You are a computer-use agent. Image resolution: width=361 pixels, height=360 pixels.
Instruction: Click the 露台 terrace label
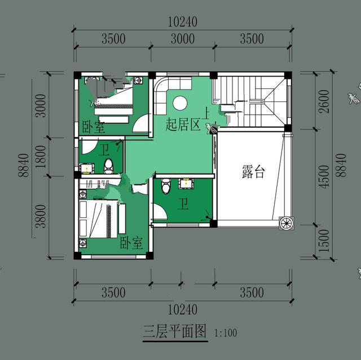coord(253,172)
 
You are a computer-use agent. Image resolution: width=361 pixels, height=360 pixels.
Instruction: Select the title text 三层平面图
coord(175,331)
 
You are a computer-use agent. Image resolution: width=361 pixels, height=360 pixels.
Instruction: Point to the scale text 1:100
coord(226,333)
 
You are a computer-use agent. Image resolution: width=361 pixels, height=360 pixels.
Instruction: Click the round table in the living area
coord(180,103)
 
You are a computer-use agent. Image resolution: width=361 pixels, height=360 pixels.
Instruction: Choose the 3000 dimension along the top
coord(182,39)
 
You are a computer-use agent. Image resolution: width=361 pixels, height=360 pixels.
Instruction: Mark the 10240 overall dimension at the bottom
coord(182,309)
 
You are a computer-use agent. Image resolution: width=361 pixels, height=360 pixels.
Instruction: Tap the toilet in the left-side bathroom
coord(109,166)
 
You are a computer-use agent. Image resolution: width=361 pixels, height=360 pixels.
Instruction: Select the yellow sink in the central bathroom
coord(184,183)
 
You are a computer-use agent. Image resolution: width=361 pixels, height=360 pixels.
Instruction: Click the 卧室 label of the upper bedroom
coord(93,127)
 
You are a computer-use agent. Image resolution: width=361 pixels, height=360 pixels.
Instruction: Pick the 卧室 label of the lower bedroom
coord(130,243)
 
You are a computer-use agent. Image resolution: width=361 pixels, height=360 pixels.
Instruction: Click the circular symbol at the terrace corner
coord(286,223)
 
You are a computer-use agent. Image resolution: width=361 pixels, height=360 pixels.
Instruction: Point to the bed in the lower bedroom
coord(102,220)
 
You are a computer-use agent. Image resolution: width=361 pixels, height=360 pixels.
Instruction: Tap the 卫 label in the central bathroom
coord(183,203)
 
